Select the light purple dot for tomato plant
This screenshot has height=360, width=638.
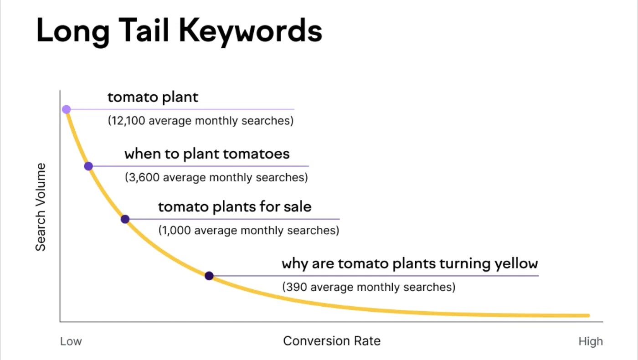tap(66, 109)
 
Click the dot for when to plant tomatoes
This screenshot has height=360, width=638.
tap(88, 166)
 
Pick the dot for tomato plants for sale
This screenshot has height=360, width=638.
tap(125, 219)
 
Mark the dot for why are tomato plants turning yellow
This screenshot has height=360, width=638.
tap(209, 276)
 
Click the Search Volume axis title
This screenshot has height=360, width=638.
tap(41, 206)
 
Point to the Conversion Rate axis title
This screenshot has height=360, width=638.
tap(331, 341)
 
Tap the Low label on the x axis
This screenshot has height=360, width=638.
tap(71, 341)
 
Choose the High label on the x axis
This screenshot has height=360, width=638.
tap(591, 341)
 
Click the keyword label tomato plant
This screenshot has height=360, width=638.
tap(153, 97)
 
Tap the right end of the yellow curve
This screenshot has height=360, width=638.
tap(588, 315)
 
